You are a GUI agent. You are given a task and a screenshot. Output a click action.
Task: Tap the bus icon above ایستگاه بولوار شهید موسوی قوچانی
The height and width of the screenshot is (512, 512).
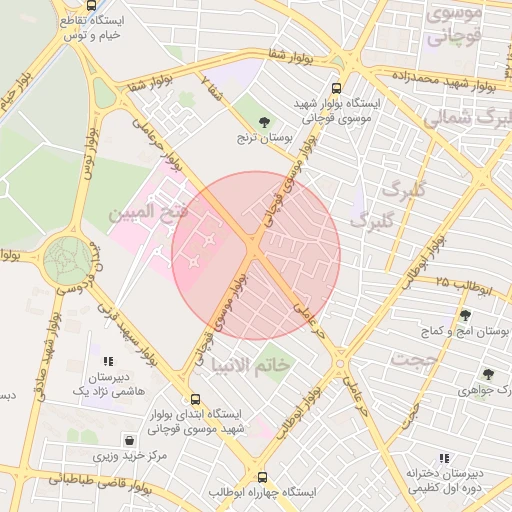[x=335, y=87]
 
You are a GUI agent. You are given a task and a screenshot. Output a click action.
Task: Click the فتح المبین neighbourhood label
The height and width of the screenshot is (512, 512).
[x=147, y=213]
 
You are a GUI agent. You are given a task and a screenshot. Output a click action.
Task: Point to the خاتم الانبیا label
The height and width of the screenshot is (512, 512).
[x=258, y=366]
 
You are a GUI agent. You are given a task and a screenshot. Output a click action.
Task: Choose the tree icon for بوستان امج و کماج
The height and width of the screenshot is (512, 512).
[x=465, y=315]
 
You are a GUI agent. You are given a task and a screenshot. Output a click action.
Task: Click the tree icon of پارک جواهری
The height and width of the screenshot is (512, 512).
[x=488, y=374]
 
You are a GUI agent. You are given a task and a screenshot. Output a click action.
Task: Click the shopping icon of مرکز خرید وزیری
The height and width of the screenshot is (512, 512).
[x=129, y=440]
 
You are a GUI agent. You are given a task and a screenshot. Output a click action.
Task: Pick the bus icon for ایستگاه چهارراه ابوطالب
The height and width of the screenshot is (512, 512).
[x=263, y=478]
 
